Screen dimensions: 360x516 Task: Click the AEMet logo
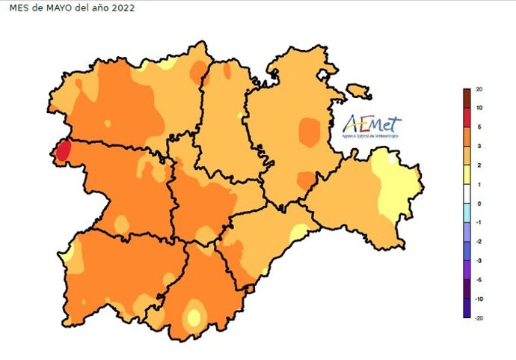point(372,127)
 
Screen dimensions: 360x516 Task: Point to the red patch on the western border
point(63,150)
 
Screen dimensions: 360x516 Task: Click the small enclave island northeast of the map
point(360,91)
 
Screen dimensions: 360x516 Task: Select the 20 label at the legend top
point(479,90)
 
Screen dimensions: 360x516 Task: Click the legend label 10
point(479,109)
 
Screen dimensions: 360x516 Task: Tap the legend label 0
point(479,204)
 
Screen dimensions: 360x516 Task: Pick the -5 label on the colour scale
point(479,280)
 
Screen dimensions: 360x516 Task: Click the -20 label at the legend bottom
point(479,318)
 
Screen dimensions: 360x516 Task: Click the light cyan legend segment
point(467,213)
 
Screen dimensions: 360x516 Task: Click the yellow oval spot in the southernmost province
point(194,317)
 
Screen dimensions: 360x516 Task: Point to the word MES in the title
point(17,8)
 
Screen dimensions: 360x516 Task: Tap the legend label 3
point(479,147)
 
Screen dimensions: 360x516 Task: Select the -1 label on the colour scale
point(479,223)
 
